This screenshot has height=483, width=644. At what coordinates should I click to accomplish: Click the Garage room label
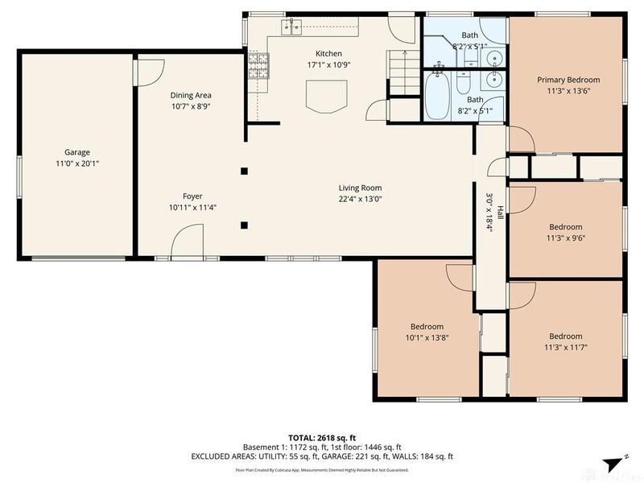click(x=77, y=151)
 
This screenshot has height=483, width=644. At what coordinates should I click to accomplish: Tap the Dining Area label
click(x=191, y=95)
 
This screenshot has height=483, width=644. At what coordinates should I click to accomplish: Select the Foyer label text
click(x=192, y=196)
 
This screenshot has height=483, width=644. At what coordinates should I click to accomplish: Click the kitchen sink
click(x=291, y=27)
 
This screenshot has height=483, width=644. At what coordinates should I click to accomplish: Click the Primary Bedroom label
click(x=568, y=80)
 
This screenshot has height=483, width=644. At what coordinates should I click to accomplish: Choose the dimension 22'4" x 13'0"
click(x=360, y=199)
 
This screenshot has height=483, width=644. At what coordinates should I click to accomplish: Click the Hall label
click(x=500, y=213)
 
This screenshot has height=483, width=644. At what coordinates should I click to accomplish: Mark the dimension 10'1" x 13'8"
click(x=427, y=337)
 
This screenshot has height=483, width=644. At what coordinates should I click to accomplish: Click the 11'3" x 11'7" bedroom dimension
click(x=565, y=347)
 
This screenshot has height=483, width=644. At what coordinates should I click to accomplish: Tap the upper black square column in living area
click(x=244, y=171)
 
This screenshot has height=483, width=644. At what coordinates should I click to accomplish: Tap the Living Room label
click(x=360, y=188)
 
